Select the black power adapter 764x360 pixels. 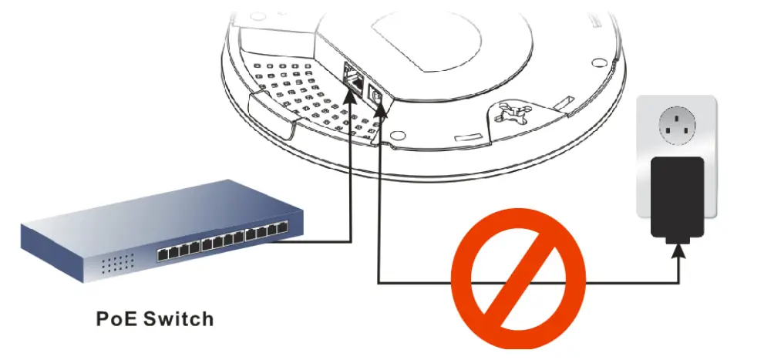tap(677, 197)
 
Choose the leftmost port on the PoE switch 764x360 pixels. tap(161, 254)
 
